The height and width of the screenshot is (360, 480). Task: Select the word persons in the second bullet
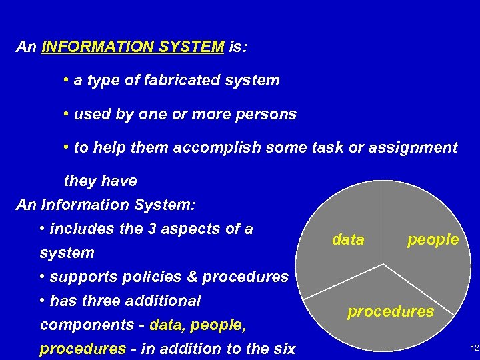269,114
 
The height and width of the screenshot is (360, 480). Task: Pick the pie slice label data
348,240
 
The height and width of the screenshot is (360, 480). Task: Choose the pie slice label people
433,239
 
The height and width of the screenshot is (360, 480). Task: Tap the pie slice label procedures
391,311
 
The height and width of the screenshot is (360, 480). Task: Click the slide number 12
474,349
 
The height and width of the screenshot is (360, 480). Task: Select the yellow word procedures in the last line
83,349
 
